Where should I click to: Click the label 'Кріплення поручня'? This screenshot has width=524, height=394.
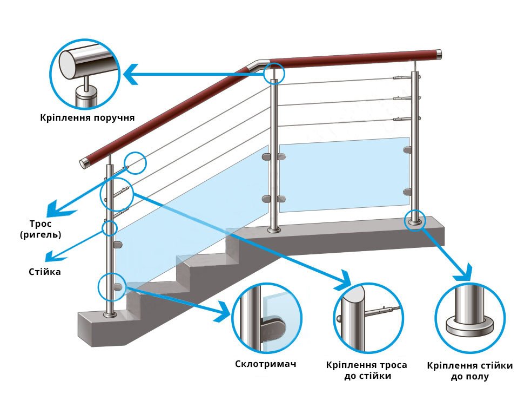(87, 117)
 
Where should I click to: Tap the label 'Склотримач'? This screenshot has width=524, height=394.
(266, 364)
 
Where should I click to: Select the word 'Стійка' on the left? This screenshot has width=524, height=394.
(45, 272)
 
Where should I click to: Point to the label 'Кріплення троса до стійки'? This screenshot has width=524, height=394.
(367, 370)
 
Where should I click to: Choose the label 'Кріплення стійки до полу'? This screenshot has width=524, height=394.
(469, 371)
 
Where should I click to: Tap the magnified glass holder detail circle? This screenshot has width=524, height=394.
(266, 318)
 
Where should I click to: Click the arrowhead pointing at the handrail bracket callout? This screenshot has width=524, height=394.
(131, 73)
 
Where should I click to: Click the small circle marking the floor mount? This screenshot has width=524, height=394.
(415, 221)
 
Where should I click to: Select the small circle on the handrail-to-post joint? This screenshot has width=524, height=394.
(274, 73)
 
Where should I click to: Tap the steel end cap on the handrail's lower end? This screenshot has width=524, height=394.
(85, 162)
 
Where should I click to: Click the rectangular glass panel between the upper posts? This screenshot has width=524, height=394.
(344, 176)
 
